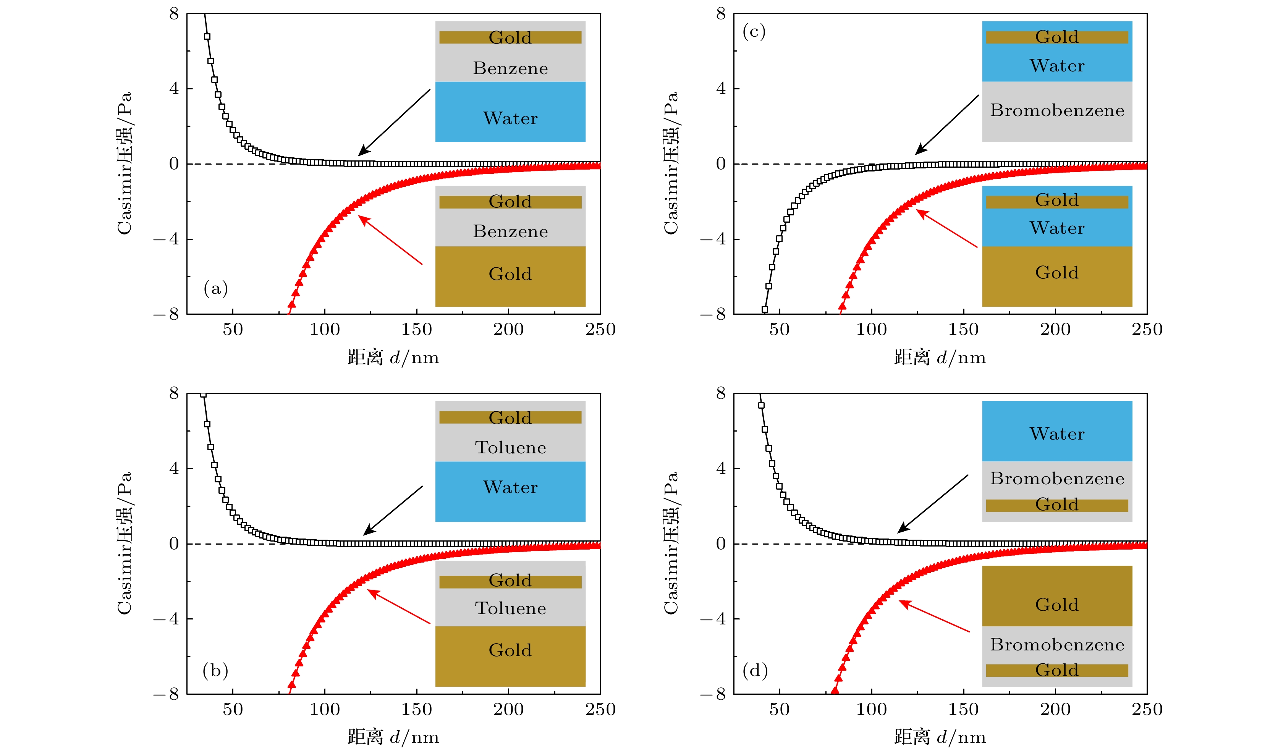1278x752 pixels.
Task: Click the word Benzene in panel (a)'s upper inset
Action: pyautogui.click(x=510, y=68)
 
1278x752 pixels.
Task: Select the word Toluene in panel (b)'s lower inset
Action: pyautogui.click(x=510, y=608)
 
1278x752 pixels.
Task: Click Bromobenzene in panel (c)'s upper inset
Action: pyautogui.click(x=1057, y=110)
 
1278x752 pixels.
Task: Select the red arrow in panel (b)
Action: pyautogui.click(x=399, y=606)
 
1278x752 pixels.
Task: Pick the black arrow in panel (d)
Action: pyautogui.click(x=932, y=504)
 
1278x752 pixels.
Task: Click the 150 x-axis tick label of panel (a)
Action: pyautogui.click(x=416, y=330)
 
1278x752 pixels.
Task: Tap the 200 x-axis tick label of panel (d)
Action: pyautogui.click(x=1055, y=709)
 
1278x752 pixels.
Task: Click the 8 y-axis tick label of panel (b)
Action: pyautogui.click(x=174, y=393)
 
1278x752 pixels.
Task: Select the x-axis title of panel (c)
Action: pyautogui.click(x=940, y=357)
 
